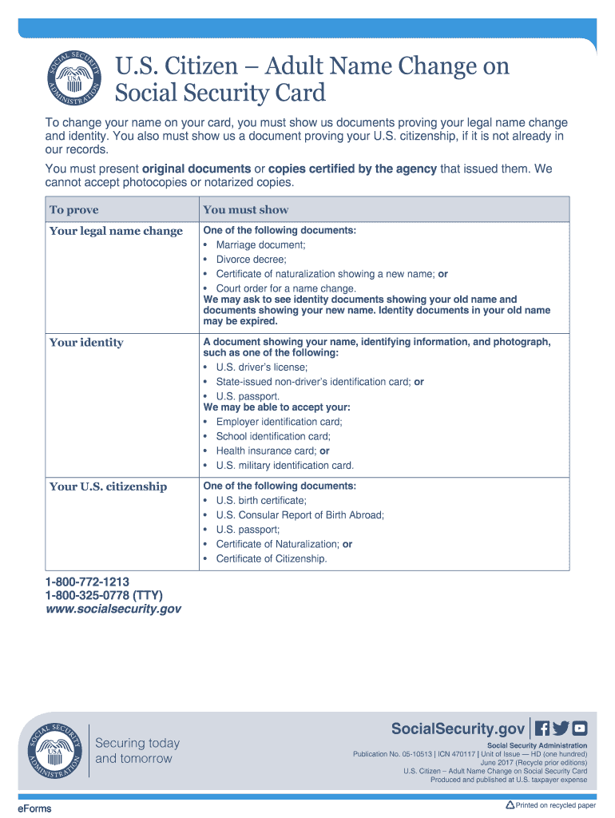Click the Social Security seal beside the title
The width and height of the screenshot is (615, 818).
(x=73, y=80)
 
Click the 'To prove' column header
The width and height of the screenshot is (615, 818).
(x=74, y=210)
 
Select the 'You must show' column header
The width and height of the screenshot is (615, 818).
(x=245, y=210)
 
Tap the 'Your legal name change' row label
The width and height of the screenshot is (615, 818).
(x=116, y=232)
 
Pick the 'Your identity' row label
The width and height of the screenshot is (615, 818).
(x=86, y=343)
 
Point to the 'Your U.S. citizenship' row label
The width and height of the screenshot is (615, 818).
(x=108, y=486)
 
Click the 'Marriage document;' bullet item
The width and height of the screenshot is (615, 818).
(x=260, y=245)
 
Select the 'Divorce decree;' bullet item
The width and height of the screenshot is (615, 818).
(x=251, y=260)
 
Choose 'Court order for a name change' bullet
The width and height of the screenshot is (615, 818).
(x=286, y=288)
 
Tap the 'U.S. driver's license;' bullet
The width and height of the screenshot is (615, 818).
(x=261, y=367)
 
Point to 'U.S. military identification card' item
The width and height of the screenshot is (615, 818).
(x=284, y=466)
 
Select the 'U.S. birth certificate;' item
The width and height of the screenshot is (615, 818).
(x=261, y=501)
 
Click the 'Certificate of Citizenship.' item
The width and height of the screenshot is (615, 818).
(x=272, y=559)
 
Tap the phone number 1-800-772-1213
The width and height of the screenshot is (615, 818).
(x=87, y=582)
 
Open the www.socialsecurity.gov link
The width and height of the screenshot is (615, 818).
(x=113, y=610)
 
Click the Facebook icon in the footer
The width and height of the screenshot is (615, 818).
(x=542, y=729)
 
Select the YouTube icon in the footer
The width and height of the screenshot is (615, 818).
(x=580, y=729)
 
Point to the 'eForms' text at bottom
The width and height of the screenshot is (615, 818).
(x=35, y=808)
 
